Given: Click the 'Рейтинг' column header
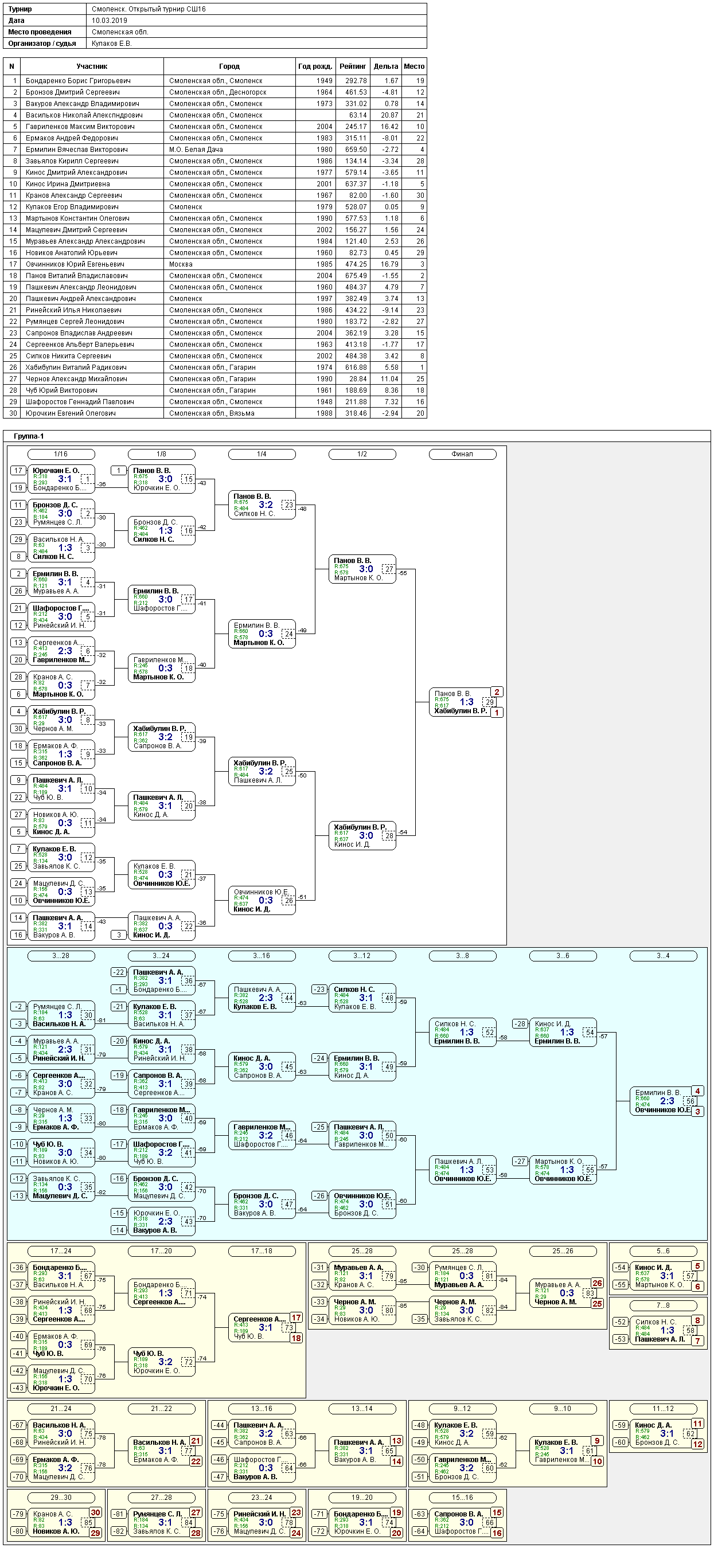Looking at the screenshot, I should pos(353,66).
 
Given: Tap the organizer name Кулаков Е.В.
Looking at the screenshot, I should pos(112,43).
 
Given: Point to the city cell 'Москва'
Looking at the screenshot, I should pos(181,264).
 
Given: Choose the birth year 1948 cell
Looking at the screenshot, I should pos(324,402).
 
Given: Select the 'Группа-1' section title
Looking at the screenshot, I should pos(29,436).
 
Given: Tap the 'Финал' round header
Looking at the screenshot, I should pos(462,454).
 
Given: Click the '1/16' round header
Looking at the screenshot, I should pos(61,454).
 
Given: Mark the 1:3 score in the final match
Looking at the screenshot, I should pos(466,702).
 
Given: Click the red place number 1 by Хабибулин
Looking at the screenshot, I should pos(497,712).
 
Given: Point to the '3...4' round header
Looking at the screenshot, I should pos(663,956).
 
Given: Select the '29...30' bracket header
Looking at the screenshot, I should pos(61,1498).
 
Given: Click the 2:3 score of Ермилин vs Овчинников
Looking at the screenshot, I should pos(667,1101).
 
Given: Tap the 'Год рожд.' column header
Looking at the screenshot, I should pos(315,66).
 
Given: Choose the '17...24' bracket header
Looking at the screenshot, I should pos(61,1251).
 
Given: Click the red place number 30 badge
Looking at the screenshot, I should pos(96,1512).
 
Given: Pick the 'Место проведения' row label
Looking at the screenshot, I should pos(40,32).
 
